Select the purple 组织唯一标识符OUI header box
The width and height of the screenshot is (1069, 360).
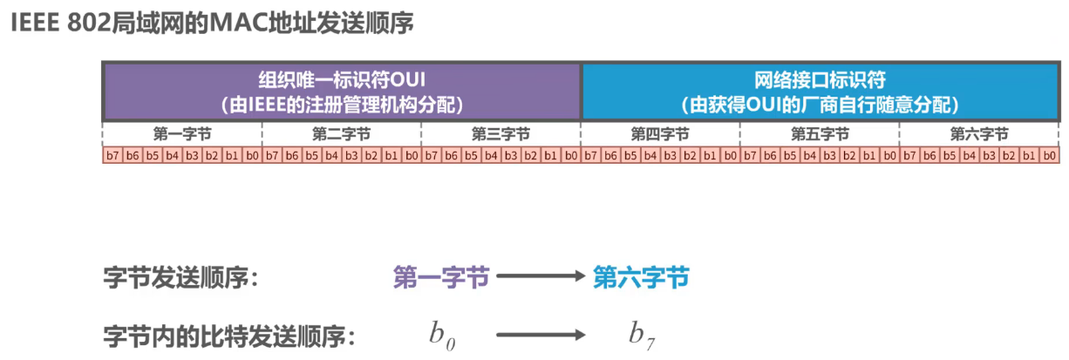pos(342,92)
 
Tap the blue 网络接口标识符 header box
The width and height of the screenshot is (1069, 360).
pos(820,92)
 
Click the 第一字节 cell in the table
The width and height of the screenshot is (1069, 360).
pos(182,134)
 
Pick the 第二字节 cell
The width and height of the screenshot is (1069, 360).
pos(341,134)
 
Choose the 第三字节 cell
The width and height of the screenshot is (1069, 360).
pos(500,134)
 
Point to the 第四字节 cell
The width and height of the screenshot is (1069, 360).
pos(660,134)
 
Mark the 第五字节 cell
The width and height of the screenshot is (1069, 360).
pos(820,134)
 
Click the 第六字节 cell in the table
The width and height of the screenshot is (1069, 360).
pos(979,134)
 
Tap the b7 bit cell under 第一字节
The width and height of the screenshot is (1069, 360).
pos(112,156)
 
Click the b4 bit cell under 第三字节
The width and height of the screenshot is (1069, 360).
pos(491,156)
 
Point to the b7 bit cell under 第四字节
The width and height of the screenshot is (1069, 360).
pos(590,156)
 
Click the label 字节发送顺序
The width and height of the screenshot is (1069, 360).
pos(181,278)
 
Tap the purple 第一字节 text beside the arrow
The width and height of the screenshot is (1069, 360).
pos(441,278)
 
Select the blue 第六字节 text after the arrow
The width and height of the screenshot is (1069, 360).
pos(641,278)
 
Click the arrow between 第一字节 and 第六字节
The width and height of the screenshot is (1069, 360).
pos(540,278)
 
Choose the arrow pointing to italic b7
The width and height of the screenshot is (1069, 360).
pos(540,334)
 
